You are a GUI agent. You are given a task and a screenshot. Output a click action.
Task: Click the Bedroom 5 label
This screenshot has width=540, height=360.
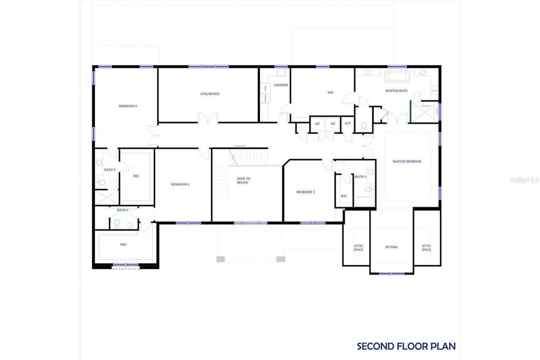[127, 106]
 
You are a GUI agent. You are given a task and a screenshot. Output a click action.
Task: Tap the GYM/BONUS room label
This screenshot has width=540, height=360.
[210, 94]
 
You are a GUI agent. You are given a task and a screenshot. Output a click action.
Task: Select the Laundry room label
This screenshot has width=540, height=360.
[281, 85]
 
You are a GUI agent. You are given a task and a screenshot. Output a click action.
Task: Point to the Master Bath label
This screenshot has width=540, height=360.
[396, 91]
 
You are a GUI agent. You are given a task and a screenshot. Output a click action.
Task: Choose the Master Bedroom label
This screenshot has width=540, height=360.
[407, 161]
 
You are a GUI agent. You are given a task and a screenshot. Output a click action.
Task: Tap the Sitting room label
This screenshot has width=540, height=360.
[391, 247]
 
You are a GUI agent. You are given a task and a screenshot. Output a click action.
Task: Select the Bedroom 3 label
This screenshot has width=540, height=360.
[305, 192]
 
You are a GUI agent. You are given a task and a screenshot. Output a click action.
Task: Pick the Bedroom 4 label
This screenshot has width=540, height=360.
[180, 184]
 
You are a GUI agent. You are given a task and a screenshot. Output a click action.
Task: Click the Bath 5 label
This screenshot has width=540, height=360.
[110, 170]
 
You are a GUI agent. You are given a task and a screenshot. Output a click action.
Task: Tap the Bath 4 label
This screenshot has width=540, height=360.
[122, 210]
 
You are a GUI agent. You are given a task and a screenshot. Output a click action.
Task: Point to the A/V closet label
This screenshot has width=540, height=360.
[348, 124]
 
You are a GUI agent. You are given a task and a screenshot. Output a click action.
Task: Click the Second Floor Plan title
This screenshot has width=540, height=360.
[406, 346]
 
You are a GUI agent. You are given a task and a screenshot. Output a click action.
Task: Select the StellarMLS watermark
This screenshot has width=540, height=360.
[524, 180]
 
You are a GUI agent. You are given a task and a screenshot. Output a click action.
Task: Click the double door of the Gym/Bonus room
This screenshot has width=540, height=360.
[208, 119]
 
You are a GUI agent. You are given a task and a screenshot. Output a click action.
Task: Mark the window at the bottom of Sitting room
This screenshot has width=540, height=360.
[391, 273]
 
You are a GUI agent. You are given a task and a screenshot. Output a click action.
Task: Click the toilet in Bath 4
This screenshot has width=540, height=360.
[117, 223]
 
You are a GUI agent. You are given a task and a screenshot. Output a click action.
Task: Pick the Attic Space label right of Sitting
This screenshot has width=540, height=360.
[426, 248]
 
